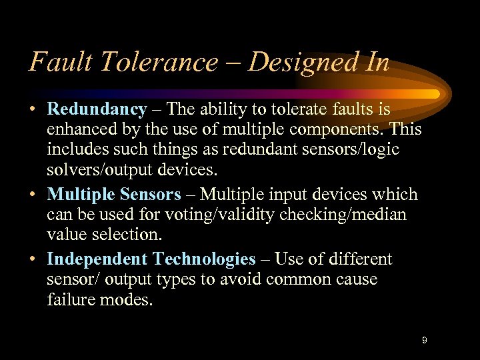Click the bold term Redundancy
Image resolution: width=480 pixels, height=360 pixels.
pyautogui.click(x=97, y=109)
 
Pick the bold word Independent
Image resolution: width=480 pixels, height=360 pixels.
pyautogui.click(x=97, y=259)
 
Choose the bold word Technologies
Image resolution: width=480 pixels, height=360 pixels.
pyautogui.click(x=204, y=259)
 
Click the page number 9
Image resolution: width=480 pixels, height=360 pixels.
pyautogui.click(x=424, y=341)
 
